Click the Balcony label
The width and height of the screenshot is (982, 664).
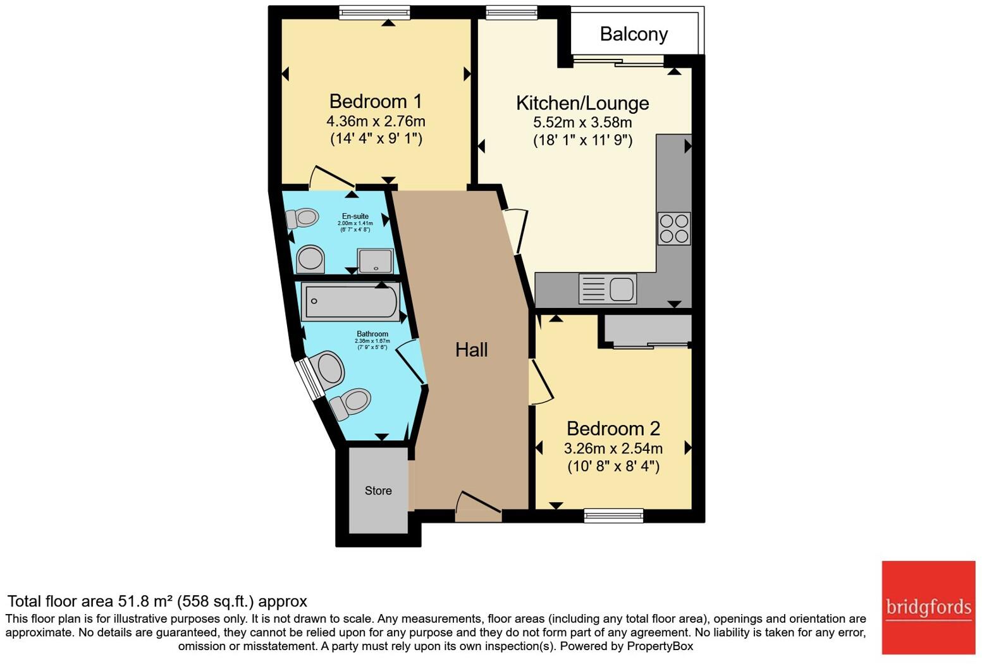634,34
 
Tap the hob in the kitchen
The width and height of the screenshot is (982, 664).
673,229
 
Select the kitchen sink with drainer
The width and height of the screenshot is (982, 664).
607,289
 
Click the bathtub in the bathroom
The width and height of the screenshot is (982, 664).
350,301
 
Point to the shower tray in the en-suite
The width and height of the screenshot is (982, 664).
376,261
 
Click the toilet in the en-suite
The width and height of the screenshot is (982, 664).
302,218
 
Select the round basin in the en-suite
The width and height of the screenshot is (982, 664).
310,259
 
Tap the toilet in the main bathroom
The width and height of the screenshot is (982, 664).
350,403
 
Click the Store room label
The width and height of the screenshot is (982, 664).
378,491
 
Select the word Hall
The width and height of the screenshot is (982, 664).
471,350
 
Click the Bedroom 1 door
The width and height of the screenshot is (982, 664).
330,178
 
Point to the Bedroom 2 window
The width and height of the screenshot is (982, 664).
613,515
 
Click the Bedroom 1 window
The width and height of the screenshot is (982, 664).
374,13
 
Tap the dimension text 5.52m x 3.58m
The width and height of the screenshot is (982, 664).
582,122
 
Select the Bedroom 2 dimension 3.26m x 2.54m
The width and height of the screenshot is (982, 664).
613,448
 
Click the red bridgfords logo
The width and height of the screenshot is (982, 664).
928,607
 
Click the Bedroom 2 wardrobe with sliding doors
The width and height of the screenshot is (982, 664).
647,331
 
